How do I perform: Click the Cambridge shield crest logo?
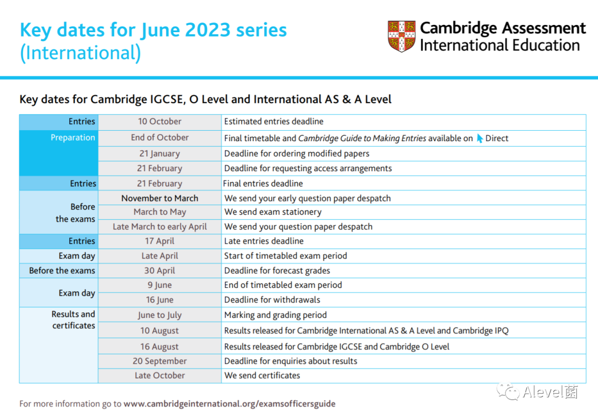[401, 37]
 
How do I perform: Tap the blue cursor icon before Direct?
[480, 138]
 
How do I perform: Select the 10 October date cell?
[159, 122]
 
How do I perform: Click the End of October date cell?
[159, 138]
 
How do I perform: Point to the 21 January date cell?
[159, 153]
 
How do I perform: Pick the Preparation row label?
[73, 138]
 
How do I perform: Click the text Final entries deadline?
[263, 183]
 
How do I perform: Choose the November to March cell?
[159, 198]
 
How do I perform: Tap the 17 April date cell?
[159, 241]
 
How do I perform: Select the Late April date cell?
[159, 256]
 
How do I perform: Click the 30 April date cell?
[159, 271]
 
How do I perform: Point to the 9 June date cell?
[159, 285]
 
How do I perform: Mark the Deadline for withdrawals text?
[272, 300]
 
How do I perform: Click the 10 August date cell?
[159, 331]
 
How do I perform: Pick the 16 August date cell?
[159, 347]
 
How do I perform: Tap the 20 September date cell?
[159, 361]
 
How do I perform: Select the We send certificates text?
[262, 375]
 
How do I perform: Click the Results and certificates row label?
[73, 320]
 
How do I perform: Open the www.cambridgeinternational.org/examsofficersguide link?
[229, 404]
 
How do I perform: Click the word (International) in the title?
[80, 53]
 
